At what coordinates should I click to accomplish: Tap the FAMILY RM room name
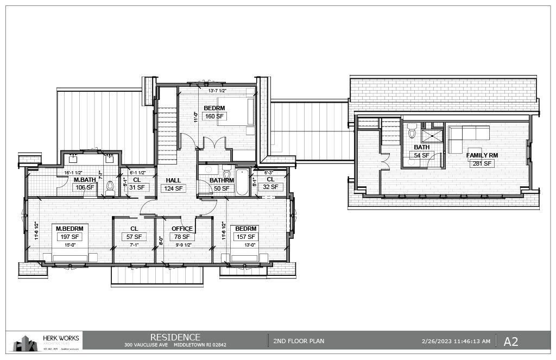pyautogui.click(x=482, y=155)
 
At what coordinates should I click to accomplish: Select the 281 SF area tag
pyautogui.click(x=482, y=163)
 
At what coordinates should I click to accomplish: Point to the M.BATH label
pyautogui.click(x=85, y=180)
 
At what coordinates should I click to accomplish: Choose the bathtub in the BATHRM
pyautogui.click(x=242, y=184)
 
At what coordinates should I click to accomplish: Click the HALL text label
pyautogui.click(x=173, y=180)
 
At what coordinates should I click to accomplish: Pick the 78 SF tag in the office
pyautogui.click(x=181, y=237)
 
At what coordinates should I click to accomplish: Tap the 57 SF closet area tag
pyautogui.click(x=134, y=237)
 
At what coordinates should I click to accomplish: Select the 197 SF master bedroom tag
pyautogui.click(x=68, y=237)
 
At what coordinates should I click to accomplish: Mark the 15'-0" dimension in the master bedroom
pyautogui.click(x=68, y=245)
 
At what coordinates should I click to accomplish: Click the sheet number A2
pyautogui.click(x=510, y=342)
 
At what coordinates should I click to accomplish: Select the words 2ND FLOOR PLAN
pyautogui.click(x=299, y=342)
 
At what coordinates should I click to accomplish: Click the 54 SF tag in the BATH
pyautogui.click(x=421, y=155)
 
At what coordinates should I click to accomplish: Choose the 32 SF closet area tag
pyautogui.click(x=270, y=187)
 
